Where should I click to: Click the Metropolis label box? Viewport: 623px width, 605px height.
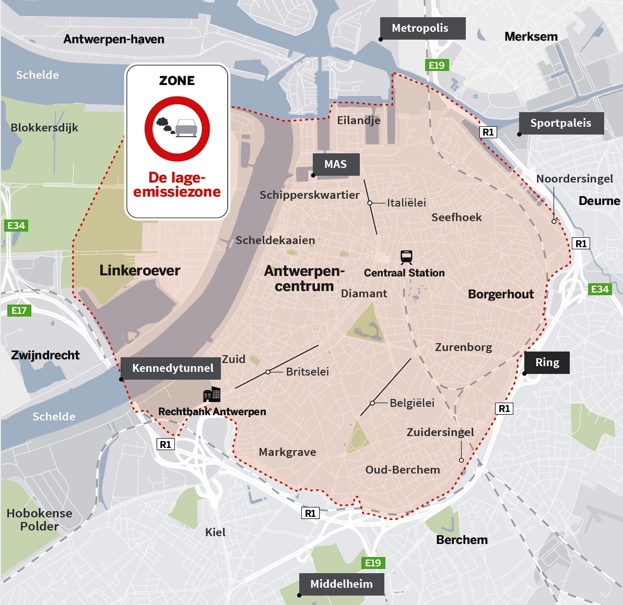[422, 28]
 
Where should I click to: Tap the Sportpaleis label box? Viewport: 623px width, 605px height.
[561, 123]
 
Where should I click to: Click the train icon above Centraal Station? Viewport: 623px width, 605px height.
[406, 257]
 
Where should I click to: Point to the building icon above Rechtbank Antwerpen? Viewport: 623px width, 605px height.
[211, 395]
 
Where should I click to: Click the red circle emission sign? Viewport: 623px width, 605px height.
[177, 128]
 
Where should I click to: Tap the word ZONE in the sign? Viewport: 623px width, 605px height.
[177, 81]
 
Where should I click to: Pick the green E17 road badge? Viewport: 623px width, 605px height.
[19, 310]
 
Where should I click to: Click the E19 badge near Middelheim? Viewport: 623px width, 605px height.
[373, 563]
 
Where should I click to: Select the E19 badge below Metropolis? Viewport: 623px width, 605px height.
[437, 65]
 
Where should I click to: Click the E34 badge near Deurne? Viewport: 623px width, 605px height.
[600, 289]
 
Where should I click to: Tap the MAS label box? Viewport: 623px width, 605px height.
[336, 164]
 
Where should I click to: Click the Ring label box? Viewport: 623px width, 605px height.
[547, 362]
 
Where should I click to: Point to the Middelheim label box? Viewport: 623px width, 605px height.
[342, 584]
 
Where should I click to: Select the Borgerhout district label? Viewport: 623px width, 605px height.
[501, 294]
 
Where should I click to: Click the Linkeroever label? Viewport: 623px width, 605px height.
[140, 270]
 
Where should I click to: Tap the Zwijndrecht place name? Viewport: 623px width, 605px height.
[45, 355]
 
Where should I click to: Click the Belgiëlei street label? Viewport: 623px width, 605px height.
[412, 403]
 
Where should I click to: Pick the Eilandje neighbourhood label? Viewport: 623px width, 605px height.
[359, 120]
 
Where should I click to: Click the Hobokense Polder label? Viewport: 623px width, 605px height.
[39, 519]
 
